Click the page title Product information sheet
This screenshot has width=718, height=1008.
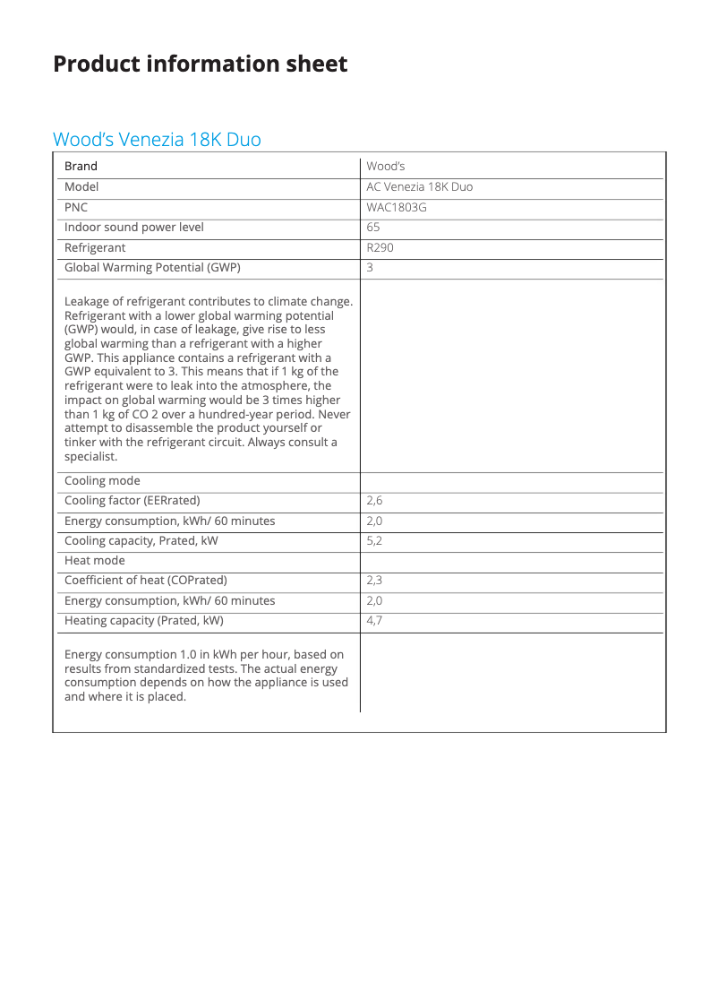pos(200,65)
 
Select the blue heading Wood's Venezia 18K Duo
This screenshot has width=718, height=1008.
pos(157,140)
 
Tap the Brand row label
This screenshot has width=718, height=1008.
pos(81,167)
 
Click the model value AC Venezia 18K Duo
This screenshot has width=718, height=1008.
pos(419,187)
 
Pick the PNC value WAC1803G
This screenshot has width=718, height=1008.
pos(397,207)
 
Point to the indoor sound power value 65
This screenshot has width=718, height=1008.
pos(373,228)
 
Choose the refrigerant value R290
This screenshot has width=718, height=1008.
pos(380,247)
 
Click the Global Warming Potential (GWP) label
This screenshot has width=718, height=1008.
pos(152,268)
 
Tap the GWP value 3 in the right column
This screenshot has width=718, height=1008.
pos(370,268)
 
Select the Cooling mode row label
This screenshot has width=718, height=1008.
pos(102,481)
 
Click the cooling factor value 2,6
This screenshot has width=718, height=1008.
pos(374,501)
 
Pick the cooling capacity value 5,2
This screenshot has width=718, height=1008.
pos(374,541)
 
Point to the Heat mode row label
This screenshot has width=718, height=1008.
pos(95,561)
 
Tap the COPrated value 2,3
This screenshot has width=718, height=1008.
pos(374,581)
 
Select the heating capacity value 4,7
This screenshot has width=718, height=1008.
pos(374,621)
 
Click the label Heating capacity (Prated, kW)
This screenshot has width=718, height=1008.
pos(143,621)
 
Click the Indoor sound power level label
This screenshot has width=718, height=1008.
pos(133,228)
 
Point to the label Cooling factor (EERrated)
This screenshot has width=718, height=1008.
pos(132,501)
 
